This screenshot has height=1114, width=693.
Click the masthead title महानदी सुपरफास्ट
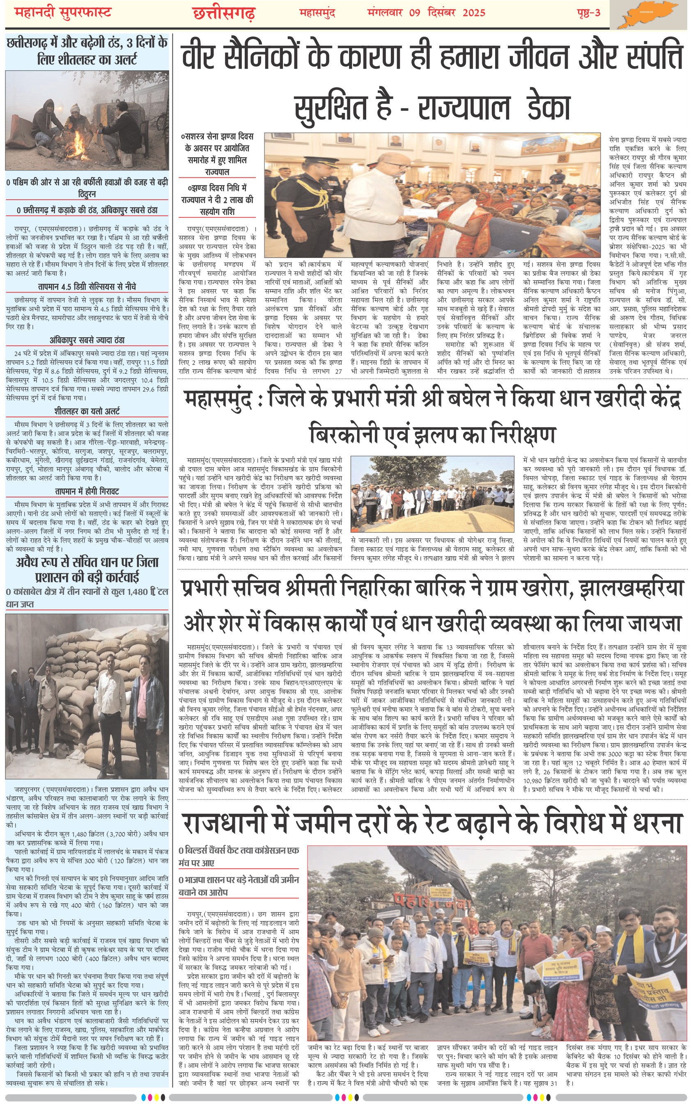coord(63,12)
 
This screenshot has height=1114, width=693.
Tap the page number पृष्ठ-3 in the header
coord(588,12)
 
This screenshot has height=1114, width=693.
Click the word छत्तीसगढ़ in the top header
coord(224,13)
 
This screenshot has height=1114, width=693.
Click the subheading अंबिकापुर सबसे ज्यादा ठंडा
coord(87,340)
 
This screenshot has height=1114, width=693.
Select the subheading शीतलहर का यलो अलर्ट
coord(87,411)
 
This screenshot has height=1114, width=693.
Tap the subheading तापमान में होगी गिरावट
coord(87,491)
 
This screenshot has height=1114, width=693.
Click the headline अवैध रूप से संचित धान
coord(87,569)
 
